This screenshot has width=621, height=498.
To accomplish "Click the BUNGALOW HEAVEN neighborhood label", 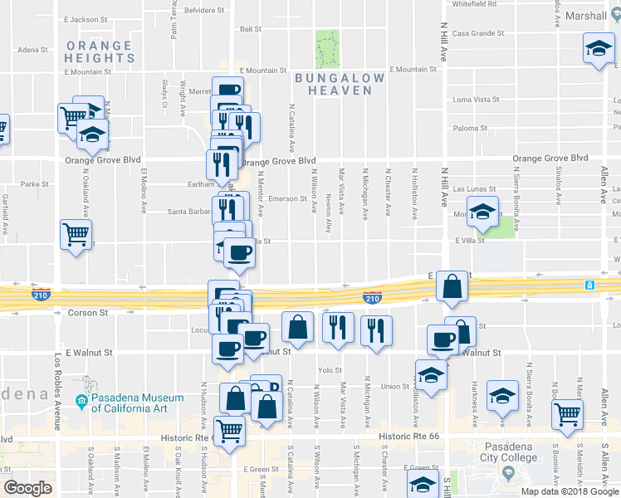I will pos(339,84).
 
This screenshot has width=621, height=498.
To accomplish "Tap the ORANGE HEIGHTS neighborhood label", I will pos(99,51).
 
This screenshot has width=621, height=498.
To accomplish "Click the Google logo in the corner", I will pos(27,488).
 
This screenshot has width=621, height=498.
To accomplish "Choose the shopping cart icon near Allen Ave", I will pos(566,413).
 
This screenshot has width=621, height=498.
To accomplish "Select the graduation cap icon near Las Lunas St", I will pos(482,212).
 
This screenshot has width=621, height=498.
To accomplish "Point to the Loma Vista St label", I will pos(477,100).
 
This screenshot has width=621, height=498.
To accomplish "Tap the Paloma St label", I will pos(471,129).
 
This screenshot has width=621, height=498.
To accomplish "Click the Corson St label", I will pos(88,313).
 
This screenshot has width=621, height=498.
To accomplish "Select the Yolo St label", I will pos(330,370).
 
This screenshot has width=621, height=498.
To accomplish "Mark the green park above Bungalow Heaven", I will pos(328,48).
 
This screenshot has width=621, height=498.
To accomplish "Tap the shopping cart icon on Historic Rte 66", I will pos(230,430).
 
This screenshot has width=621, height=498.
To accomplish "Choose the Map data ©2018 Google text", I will pos(570,491).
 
